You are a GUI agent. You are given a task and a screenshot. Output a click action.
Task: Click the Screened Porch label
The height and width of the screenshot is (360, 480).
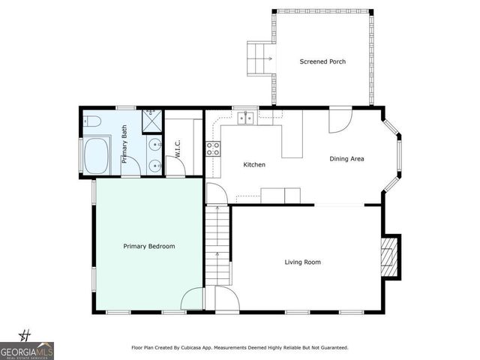point(322,61)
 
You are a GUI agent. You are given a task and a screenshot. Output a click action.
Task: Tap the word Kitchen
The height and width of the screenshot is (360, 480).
point(254,165)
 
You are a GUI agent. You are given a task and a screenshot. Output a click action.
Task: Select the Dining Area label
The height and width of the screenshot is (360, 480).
point(347,159)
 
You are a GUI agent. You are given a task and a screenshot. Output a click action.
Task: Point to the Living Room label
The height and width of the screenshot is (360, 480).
point(302,262)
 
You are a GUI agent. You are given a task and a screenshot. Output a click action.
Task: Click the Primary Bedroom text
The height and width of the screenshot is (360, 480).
point(149,246)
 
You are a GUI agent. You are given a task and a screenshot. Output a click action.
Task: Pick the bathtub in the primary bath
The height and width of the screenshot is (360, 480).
point(97,156)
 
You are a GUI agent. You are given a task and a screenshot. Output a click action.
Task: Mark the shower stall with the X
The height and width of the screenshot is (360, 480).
point(152,117)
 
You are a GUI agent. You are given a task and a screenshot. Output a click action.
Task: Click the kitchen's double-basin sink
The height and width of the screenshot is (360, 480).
point(246,118)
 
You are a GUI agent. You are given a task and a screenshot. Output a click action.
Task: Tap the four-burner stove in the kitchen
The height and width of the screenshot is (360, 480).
point(214,148)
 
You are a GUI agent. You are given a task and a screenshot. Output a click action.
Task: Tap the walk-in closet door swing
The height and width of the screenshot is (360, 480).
point(176,166)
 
